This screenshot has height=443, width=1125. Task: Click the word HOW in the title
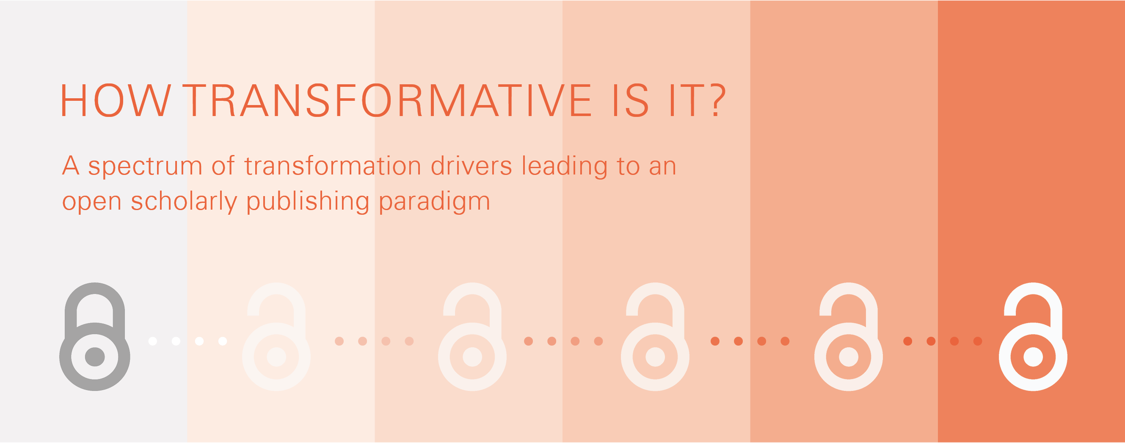point(116,101)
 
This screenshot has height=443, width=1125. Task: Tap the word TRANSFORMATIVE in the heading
point(387,101)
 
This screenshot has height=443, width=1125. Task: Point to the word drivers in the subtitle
point(471,166)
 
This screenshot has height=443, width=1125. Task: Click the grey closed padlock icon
point(95,336)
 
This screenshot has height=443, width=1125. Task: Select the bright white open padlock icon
point(1033,336)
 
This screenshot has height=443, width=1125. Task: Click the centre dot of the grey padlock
point(95,357)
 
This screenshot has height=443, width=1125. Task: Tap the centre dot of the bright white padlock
point(1033,357)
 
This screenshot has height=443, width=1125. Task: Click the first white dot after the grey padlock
point(152,341)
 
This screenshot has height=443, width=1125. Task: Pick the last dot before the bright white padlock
point(978,341)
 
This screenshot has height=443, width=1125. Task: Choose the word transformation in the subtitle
point(333,166)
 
